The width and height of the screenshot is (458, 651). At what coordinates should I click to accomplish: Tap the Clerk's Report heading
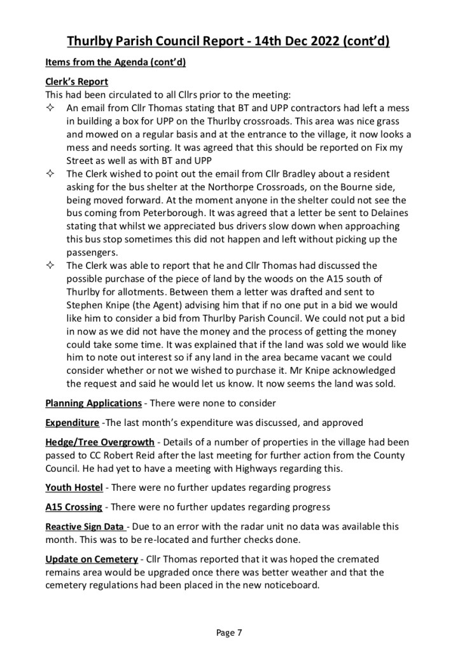tap(77, 82)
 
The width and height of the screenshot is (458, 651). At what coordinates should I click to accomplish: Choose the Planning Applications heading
tap(94, 403)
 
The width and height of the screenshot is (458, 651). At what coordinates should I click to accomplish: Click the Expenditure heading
tap(72, 423)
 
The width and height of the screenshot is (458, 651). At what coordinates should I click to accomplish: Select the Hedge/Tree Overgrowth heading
tap(100, 442)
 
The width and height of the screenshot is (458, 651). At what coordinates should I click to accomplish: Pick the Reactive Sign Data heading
tap(85, 527)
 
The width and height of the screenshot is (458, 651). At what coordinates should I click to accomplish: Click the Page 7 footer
tap(229, 633)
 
